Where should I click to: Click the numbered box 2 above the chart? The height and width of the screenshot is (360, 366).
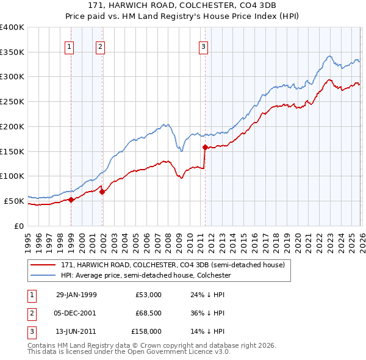pyautogui.click(x=100, y=46)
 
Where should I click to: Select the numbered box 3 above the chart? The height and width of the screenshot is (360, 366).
pyautogui.click(x=203, y=46)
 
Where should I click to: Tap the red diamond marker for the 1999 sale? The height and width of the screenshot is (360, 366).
pyautogui.click(x=71, y=199)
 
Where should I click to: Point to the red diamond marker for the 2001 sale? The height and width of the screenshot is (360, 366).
pyautogui.click(x=102, y=192)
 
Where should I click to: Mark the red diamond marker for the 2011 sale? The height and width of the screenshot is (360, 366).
pyautogui.click(x=205, y=147)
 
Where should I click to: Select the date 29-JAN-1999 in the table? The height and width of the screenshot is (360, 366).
pyautogui.click(x=76, y=295)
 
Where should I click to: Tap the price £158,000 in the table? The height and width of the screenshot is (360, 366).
pyautogui.click(x=146, y=331)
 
